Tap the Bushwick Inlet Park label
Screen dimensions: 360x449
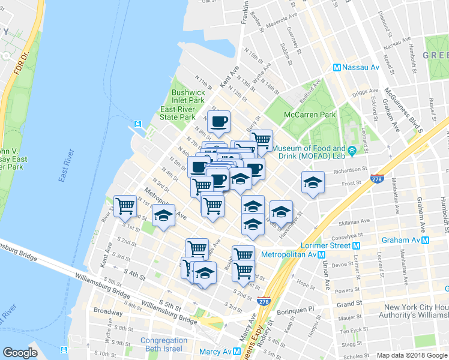[x=188, y=97]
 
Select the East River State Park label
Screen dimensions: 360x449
[x=178, y=113]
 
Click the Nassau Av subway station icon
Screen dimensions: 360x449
[x=337, y=68]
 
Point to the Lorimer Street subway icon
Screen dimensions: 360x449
[x=357, y=245]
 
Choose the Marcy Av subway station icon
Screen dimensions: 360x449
[x=237, y=352]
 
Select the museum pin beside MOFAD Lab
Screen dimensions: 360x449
[x=352, y=150]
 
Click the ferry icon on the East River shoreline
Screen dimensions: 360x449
[x=137, y=124]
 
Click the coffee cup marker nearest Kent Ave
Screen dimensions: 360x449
[x=218, y=121]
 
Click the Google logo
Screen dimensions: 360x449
[x=20, y=353]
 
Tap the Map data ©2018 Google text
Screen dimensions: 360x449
[x=412, y=355]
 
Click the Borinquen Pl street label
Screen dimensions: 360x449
[x=299, y=308]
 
